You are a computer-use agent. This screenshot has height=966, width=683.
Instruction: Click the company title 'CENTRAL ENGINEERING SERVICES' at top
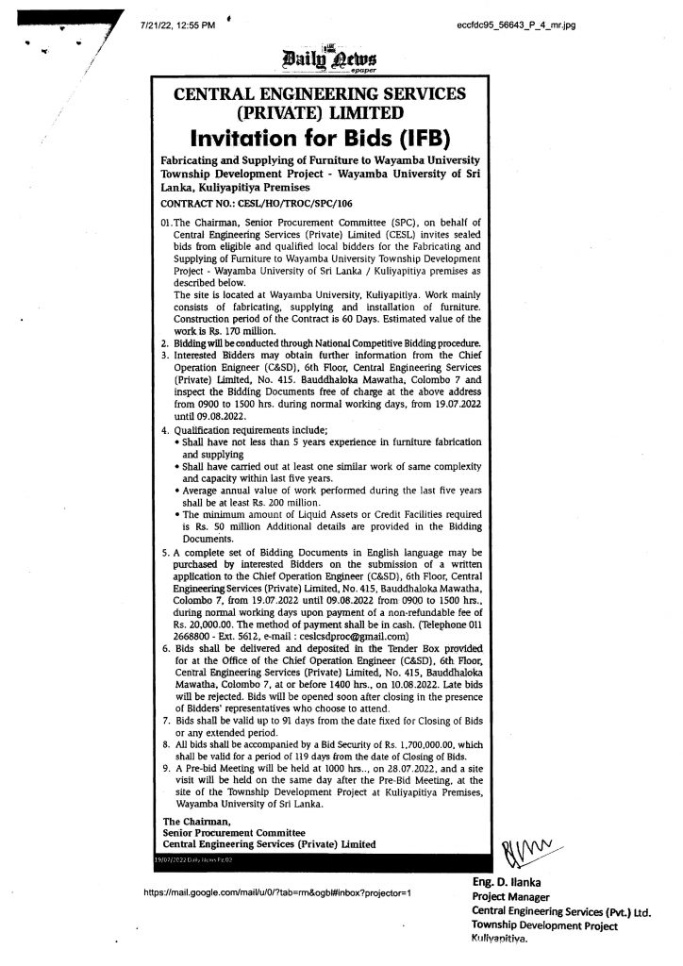coord(318,92)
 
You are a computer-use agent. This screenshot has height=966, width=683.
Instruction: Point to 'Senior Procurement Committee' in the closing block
coord(233,830)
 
